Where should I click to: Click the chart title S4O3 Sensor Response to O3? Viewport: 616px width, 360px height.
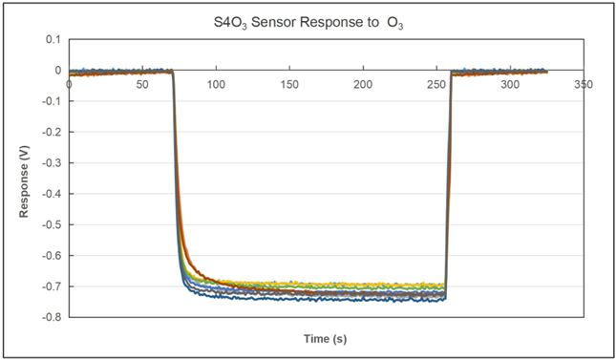coord(308,20)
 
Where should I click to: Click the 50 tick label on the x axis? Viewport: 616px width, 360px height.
coord(142,84)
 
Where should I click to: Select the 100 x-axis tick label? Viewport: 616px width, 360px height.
coord(216,84)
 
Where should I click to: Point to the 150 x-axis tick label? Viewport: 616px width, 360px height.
coord(289,84)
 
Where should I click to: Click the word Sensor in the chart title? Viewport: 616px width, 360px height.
coord(280,20)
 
